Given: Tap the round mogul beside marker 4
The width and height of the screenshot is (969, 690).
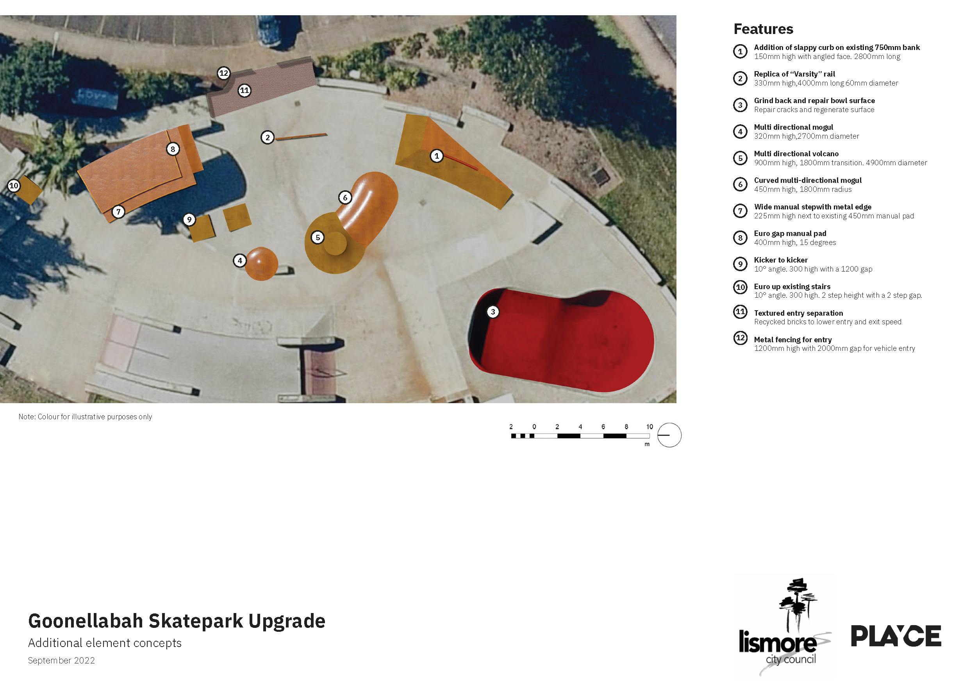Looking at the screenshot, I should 261,264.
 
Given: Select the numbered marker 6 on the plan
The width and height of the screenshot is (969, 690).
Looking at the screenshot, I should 345,198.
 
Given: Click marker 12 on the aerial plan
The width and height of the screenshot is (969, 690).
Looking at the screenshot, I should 223,73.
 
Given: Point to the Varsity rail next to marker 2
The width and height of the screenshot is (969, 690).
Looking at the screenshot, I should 301,136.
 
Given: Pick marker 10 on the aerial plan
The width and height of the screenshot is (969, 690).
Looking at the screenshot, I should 14,186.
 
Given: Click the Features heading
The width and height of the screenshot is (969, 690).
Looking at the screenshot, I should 763,29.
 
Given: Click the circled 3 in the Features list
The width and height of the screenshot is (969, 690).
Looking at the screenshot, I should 740,105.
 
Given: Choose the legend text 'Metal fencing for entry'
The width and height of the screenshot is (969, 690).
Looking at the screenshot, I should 792,340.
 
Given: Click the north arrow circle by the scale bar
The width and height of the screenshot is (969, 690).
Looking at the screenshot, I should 669,435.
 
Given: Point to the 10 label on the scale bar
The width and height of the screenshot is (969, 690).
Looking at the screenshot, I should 649,427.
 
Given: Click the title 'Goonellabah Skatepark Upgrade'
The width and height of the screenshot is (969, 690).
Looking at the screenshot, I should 177,621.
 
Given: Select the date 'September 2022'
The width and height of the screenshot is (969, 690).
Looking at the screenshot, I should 62,660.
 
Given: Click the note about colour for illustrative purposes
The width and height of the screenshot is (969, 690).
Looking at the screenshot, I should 85,417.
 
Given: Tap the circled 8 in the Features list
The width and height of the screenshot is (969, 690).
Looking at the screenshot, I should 740,238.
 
